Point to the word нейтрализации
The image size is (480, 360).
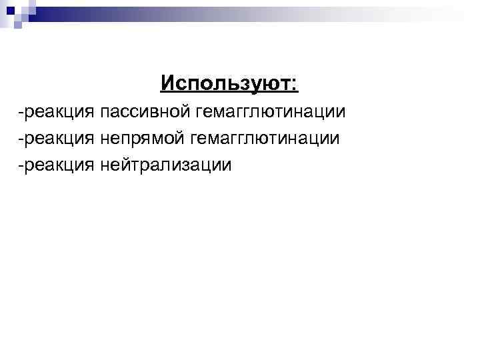tap(166, 164)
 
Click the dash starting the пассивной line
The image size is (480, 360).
tap(21, 112)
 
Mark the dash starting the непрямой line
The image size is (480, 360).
tap(21, 138)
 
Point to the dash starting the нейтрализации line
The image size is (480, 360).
tap(21, 164)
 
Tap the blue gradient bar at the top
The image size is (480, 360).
tap(247, 11)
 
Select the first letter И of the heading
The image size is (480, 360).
tap(166, 84)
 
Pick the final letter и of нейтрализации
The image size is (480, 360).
tap(227, 164)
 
